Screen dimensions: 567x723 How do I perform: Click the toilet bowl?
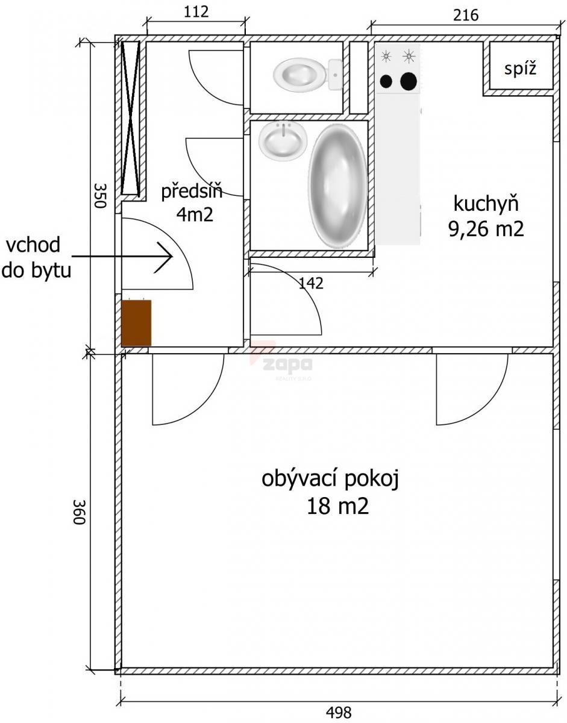(308, 74)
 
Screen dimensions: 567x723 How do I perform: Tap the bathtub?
(337, 186)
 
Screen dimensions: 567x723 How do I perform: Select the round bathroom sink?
(283, 141)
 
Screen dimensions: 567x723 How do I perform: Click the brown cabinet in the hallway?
(136, 323)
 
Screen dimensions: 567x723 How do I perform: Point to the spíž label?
(521, 69)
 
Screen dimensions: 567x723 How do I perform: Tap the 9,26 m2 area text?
(486, 229)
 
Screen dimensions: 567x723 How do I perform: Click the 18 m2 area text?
(337, 506)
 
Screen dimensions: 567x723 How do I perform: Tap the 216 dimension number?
(466, 15)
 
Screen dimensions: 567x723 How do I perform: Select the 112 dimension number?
(196, 12)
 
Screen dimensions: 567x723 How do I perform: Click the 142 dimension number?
(311, 283)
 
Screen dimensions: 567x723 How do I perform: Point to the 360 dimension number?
(80, 512)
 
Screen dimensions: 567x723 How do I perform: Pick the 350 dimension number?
(99, 195)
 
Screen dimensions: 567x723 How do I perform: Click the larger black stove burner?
(409, 81)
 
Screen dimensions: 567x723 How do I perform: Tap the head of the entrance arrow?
(172, 257)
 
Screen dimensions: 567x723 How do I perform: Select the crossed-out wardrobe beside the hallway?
(130, 117)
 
